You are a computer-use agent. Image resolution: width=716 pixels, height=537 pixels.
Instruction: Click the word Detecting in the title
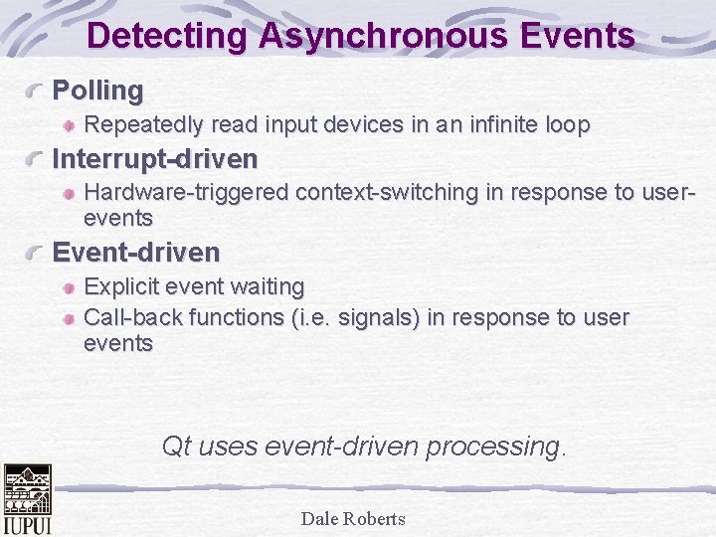(167, 36)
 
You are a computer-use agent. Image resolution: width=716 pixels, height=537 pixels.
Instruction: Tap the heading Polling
(97, 90)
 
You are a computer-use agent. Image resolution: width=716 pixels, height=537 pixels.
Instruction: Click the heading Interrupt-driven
(154, 158)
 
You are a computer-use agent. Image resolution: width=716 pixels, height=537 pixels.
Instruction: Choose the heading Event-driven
(135, 253)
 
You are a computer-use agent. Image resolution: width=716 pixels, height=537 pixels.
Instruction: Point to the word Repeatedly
(144, 125)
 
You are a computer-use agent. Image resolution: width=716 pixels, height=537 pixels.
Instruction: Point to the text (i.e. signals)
(354, 317)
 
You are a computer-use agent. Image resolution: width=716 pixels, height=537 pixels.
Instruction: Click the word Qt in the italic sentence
(176, 447)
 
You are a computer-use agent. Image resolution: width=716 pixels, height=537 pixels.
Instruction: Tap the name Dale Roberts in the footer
(353, 518)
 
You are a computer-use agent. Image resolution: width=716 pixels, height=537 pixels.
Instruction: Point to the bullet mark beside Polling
(37, 91)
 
